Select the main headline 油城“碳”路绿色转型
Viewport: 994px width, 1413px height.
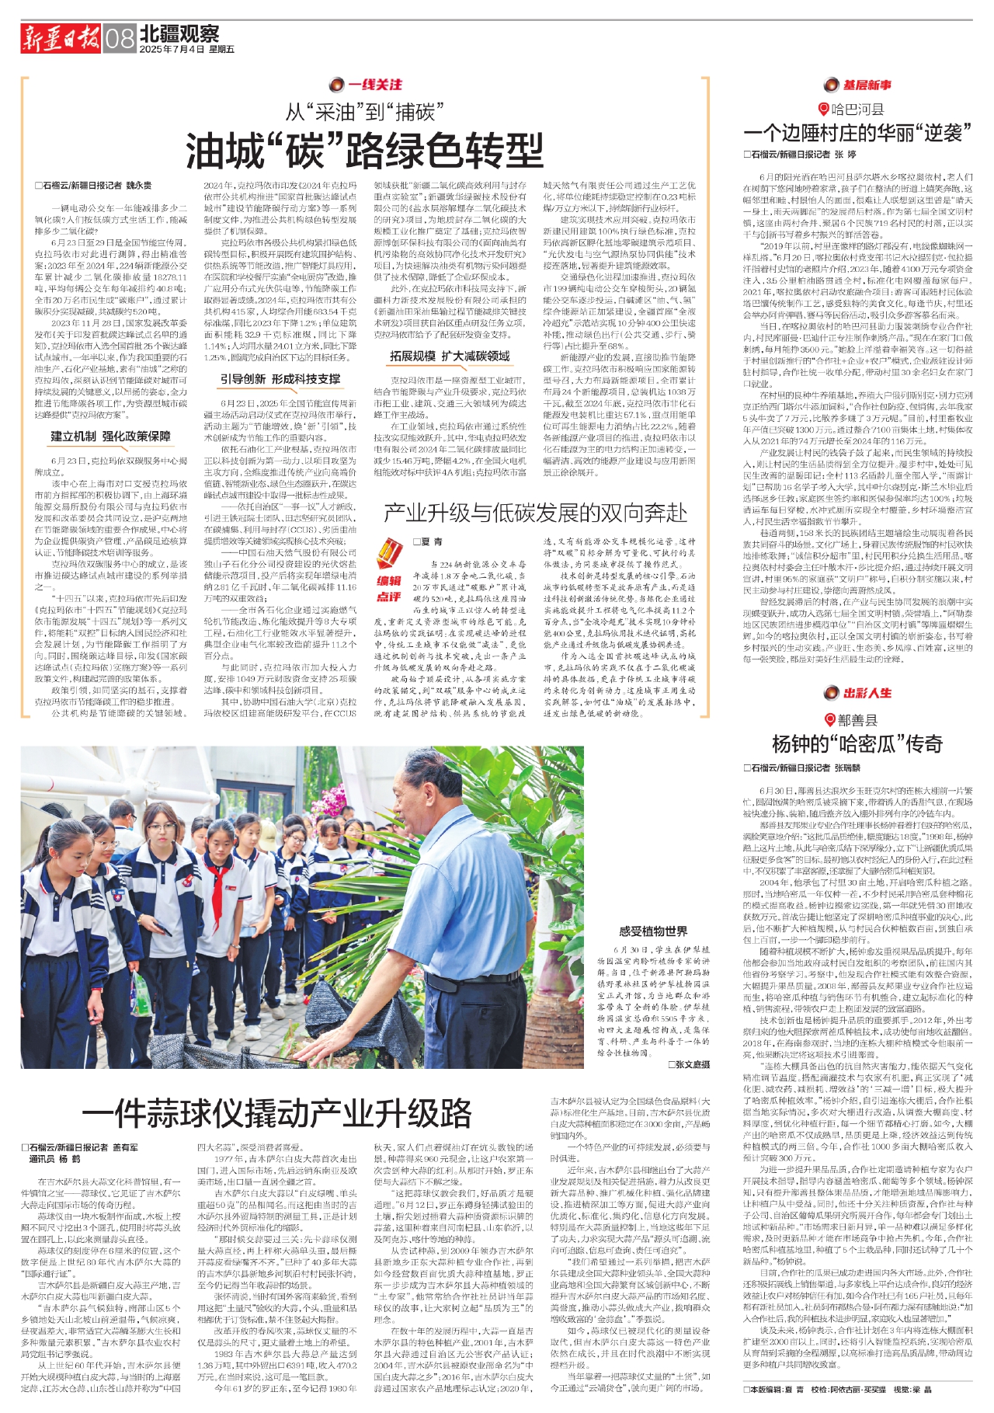(x=364, y=150)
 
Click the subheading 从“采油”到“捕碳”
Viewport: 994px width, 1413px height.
(x=364, y=112)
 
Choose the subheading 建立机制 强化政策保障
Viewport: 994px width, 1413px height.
(x=110, y=436)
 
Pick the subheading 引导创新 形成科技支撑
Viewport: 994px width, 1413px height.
(x=280, y=379)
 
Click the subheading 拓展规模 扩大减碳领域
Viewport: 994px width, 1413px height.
(x=450, y=356)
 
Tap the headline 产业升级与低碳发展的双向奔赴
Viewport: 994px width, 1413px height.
(x=535, y=512)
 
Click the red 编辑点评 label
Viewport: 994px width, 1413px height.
(x=389, y=588)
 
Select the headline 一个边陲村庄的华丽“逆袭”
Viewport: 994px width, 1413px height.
(x=857, y=133)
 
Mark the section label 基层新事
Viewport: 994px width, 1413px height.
(x=857, y=85)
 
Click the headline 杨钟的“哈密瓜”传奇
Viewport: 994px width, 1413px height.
(x=857, y=743)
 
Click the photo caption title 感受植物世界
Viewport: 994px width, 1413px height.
(x=653, y=931)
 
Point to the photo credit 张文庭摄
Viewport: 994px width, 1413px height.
(x=688, y=1063)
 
